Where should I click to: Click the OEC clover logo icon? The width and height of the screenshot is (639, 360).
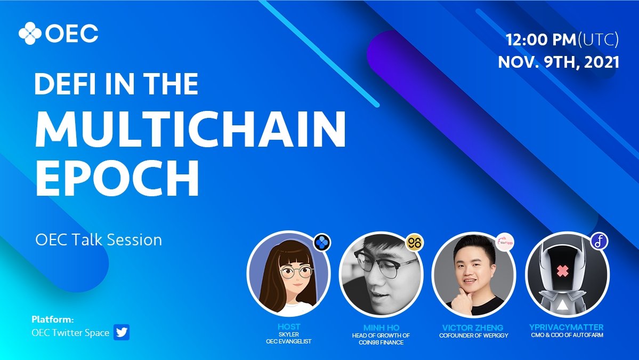click(x=30, y=34)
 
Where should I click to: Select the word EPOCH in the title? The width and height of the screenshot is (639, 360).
click(x=117, y=176)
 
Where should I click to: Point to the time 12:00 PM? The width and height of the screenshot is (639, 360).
click(x=540, y=39)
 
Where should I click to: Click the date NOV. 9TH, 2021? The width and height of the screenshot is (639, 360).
click(x=559, y=62)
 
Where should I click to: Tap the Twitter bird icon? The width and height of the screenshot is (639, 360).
click(x=122, y=333)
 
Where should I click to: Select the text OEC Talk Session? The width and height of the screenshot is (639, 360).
click(x=99, y=239)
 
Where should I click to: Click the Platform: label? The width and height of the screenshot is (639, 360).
click(x=52, y=320)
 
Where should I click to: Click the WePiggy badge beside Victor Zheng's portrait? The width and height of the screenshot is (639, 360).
click(x=505, y=242)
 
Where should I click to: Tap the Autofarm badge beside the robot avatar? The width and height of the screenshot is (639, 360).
click(x=599, y=242)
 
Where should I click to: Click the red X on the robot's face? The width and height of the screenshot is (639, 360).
click(x=562, y=271)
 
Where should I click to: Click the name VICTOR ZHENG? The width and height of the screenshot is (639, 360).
click(x=473, y=327)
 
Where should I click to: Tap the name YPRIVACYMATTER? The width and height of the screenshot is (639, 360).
click(x=567, y=327)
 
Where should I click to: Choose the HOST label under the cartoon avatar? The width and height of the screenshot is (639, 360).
click(x=289, y=327)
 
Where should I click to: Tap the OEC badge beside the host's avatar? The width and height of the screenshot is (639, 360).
click(x=322, y=242)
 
